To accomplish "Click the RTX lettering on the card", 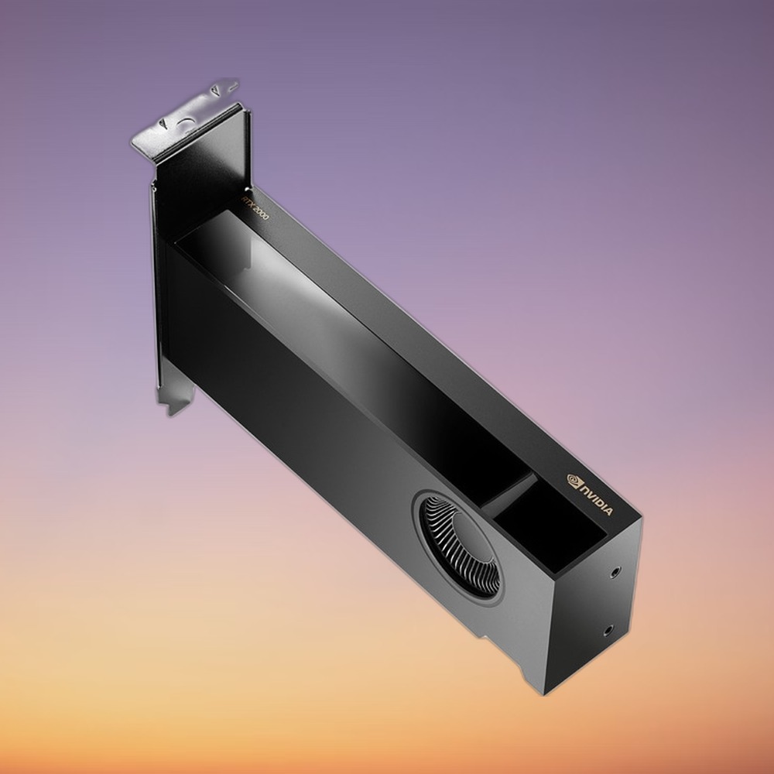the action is pyautogui.click(x=246, y=202).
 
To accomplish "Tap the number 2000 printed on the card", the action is pyautogui.click(x=261, y=213).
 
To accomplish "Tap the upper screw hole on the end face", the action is pyautogui.click(x=615, y=573).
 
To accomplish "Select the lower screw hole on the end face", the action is pyautogui.click(x=608, y=630).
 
